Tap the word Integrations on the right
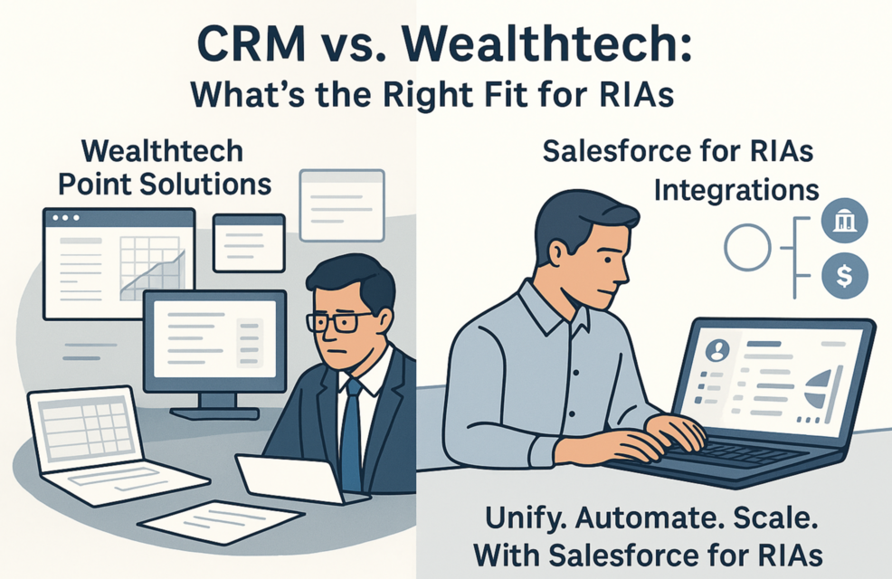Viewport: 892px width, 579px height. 736,190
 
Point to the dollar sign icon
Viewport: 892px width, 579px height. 843,276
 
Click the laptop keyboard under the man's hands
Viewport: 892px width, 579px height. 715,452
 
